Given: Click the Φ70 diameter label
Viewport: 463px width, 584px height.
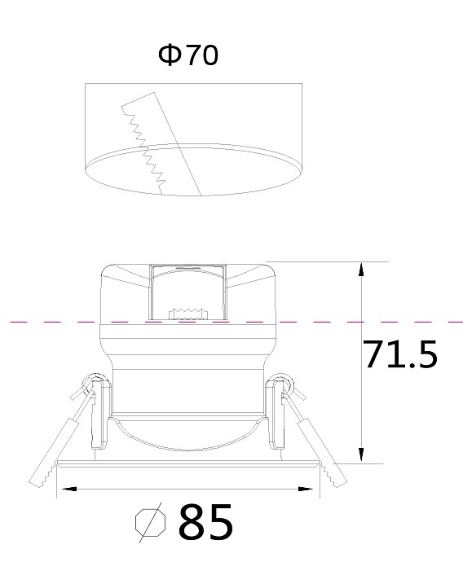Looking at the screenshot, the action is [188, 55].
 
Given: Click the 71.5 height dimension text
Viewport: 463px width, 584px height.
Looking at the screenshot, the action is [399, 354].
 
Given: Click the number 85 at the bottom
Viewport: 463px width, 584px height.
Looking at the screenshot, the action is [205, 522].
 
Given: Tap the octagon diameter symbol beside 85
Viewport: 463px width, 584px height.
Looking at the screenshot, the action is [150, 522].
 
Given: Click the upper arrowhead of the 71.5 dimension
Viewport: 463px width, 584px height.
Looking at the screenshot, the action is [361, 269].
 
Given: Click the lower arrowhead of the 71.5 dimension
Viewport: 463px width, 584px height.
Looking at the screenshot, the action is [361, 455].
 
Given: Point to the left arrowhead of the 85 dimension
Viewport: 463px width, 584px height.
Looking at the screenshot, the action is [68, 489].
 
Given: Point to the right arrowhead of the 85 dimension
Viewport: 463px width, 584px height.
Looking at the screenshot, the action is [305, 489].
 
